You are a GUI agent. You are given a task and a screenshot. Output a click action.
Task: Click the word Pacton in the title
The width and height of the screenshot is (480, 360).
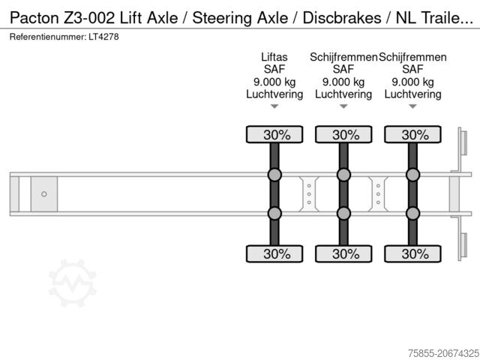(34, 18)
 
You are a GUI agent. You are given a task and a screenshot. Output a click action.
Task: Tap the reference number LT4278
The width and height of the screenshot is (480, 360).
(103, 37)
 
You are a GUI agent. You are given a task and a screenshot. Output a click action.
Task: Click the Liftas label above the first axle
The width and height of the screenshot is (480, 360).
(274, 57)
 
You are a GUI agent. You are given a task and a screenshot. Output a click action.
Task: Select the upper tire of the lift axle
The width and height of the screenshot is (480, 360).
(274, 134)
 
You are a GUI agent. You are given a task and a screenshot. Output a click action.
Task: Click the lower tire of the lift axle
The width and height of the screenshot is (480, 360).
(274, 253)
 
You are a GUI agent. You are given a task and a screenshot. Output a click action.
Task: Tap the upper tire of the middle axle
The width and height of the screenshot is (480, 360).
(343, 134)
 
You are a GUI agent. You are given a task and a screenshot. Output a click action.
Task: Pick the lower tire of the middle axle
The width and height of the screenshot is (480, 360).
(343, 253)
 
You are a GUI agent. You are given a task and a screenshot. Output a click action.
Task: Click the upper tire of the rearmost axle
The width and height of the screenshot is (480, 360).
(412, 134)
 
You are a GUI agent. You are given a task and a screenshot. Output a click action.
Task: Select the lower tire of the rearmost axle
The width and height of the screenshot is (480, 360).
(412, 253)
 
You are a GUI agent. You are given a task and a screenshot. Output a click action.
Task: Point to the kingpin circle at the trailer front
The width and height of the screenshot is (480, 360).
(44, 194)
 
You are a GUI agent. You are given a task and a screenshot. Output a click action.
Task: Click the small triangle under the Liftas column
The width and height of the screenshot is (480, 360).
(274, 106)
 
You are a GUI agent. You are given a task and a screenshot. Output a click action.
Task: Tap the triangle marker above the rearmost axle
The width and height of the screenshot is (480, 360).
(412, 106)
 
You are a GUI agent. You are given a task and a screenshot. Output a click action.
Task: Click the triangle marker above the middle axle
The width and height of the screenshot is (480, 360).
(343, 106)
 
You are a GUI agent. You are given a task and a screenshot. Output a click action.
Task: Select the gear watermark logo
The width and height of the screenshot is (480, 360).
(73, 283)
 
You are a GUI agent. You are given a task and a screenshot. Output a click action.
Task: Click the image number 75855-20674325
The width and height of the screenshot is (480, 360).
(443, 353)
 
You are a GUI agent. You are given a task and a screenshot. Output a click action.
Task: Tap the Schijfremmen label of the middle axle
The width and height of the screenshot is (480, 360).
(343, 57)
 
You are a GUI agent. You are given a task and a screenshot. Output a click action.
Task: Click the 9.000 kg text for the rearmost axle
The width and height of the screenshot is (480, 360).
(412, 82)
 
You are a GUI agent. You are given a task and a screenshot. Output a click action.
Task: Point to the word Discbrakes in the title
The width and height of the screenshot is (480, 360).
(342, 18)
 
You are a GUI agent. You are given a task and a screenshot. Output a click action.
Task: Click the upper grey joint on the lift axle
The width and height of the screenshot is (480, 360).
(274, 175)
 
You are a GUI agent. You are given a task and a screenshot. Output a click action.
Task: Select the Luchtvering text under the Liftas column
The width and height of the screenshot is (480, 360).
(274, 94)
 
